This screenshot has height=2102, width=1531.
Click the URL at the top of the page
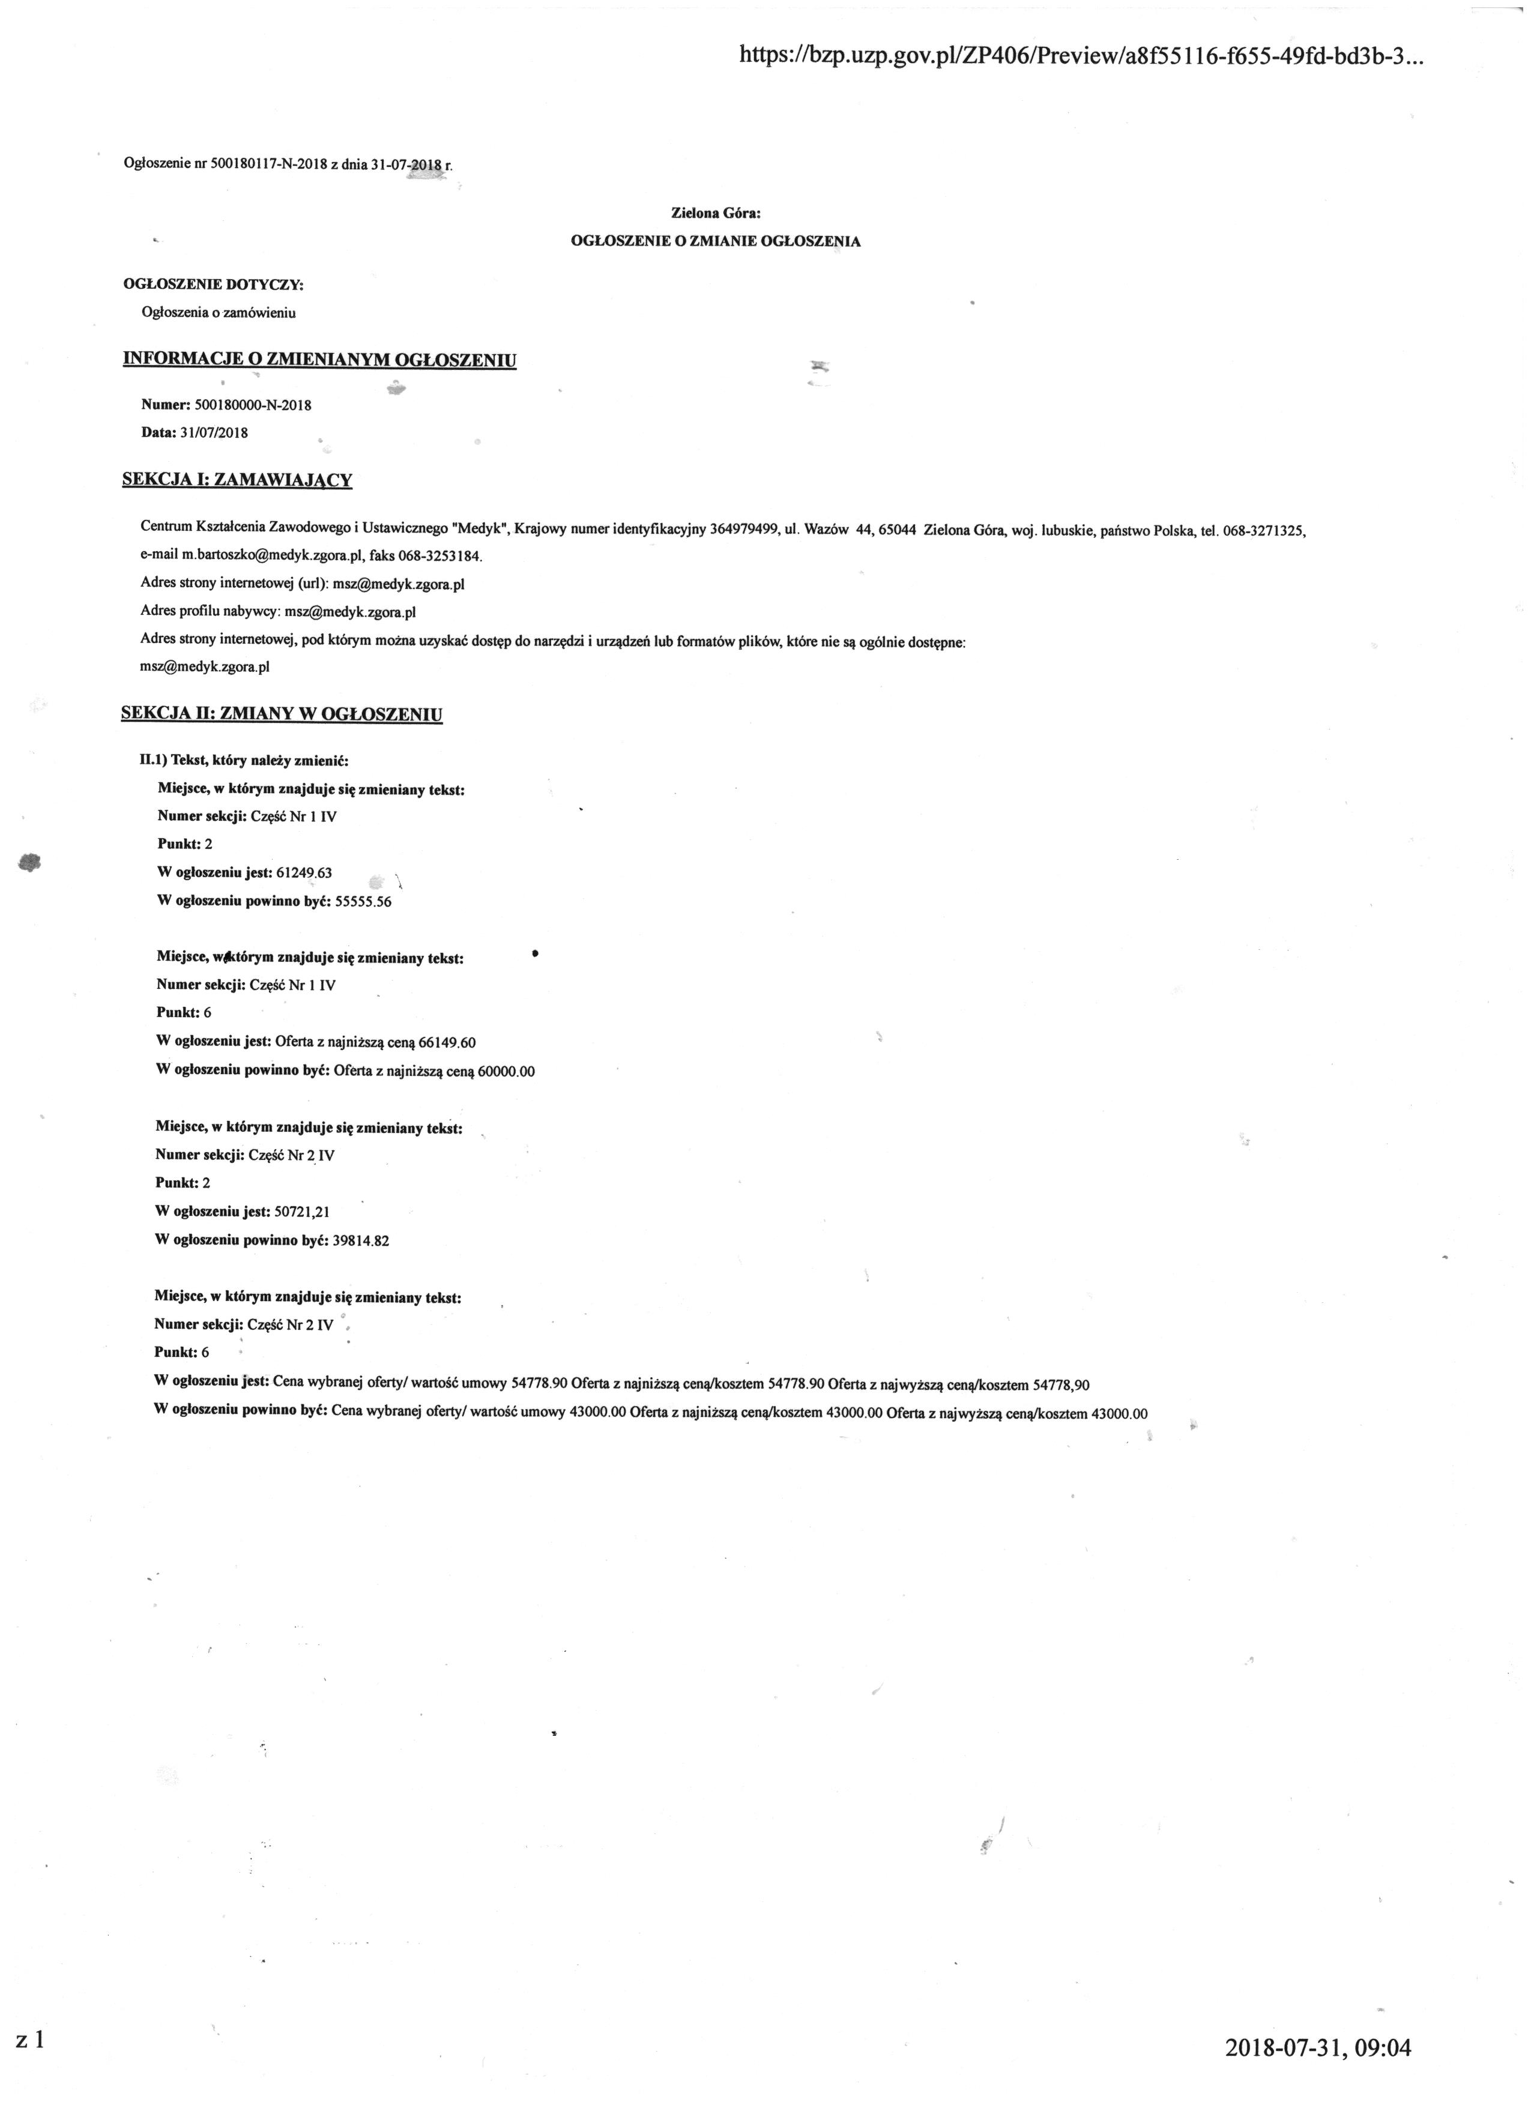point(1080,56)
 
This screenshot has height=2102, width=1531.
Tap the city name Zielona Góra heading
point(716,213)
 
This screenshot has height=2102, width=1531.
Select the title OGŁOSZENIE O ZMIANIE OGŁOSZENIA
point(716,241)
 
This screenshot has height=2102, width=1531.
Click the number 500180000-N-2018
point(254,405)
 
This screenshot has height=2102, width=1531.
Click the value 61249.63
point(304,872)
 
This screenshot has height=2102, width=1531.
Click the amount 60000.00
point(506,1071)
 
